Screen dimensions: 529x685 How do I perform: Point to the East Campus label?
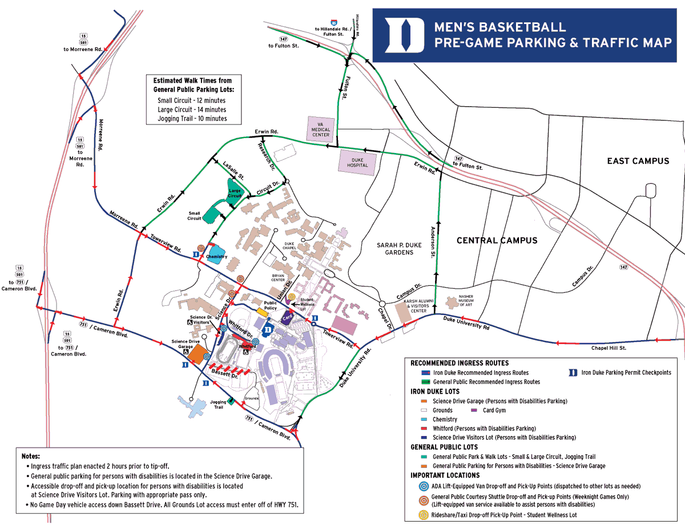(638, 161)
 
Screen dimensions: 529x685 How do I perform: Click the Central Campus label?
(497, 240)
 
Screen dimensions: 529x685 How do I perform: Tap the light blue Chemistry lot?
(217, 252)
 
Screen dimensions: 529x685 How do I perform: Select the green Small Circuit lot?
(212, 212)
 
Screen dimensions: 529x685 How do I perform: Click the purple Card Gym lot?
(288, 316)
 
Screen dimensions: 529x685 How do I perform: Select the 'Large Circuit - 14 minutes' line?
(192, 110)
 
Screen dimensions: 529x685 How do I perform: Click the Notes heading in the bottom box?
(31, 457)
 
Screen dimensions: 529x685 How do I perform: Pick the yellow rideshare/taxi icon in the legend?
(423, 515)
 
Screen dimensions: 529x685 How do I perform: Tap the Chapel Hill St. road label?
(609, 348)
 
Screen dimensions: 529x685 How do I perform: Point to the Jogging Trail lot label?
(218, 405)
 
